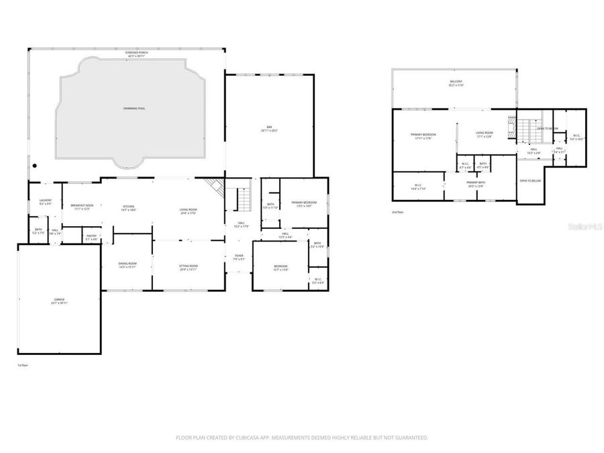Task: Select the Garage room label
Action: click(x=60, y=301)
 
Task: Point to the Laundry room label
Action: click(x=46, y=201)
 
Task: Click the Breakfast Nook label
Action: click(x=81, y=207)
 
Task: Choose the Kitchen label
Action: click(x=128, y=208)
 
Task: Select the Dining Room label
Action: click(x=128, y=265)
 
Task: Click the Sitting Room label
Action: click(x=188, y=268)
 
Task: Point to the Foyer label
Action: click(x=238, y=257)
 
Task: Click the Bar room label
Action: click(x=269, y=128)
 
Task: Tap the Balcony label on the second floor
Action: click(x=456, y=83)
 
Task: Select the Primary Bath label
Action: click(x=476, y=184)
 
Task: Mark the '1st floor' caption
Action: click(x=23, y=365)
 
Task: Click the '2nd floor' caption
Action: click(x=398, y=212)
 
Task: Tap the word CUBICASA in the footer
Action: click(x=246, y=438)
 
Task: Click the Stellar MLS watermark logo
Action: click(x=581, y=228)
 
